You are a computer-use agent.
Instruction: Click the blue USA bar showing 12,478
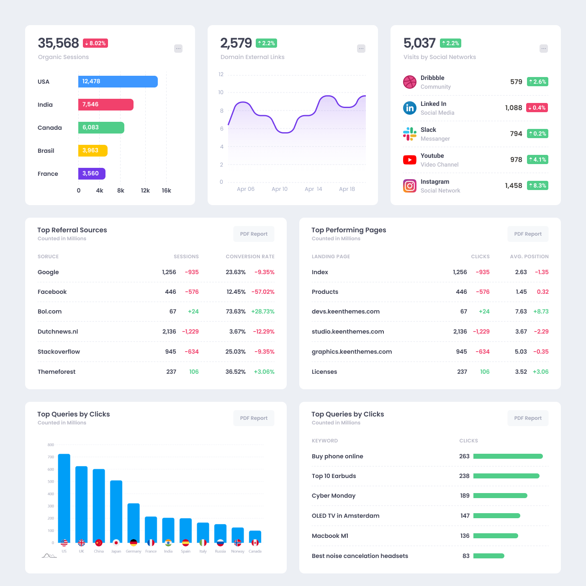pos(118,82)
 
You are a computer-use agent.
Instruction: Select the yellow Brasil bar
pos(93,151)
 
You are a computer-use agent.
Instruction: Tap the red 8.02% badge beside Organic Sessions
pos(95,43)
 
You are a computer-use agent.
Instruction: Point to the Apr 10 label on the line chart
pos(280,189)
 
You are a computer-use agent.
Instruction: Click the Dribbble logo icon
pos(410,82)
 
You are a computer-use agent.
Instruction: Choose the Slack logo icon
pos(410,134)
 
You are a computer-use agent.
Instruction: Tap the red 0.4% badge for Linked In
pos(537,108)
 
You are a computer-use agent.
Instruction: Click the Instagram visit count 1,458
pos(514,185)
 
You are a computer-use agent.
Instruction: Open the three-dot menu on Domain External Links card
pos(361,49)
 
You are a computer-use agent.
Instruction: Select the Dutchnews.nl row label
pos(58,332)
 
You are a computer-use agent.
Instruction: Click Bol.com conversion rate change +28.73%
pos(263,311)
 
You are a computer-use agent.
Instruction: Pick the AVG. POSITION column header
pos(529,257)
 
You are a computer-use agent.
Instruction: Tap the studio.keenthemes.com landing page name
pos(348,332)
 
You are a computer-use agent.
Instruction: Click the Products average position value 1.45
pos(521,292)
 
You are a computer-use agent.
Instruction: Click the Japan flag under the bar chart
pos(116,543)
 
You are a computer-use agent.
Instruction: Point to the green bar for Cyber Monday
pos(500,496)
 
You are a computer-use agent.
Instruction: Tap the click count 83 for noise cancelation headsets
pos(466,556)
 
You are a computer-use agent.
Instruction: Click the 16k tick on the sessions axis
pos(166,190)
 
